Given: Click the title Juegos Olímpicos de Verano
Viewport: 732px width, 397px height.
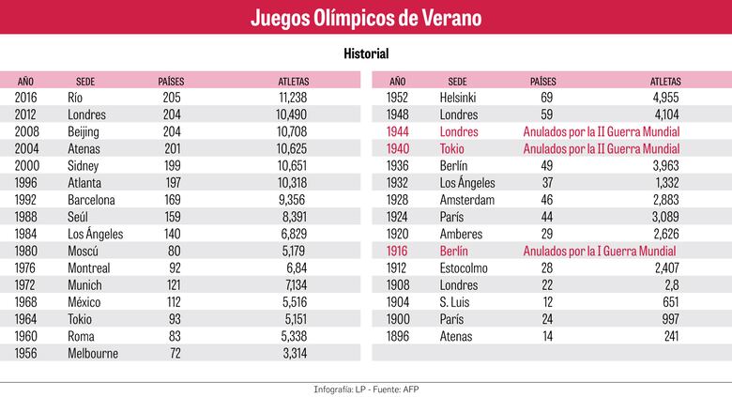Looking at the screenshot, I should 365,18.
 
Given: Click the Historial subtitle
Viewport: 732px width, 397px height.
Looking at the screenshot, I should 366,55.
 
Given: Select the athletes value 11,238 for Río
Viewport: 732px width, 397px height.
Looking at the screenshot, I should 287,97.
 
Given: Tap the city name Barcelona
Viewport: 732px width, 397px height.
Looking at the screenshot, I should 92,199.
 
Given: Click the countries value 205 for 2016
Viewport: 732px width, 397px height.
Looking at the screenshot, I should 171,97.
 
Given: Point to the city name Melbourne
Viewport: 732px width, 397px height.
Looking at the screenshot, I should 94,354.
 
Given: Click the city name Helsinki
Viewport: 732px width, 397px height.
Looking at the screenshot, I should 461,97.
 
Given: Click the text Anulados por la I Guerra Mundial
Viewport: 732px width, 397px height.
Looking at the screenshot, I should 600,251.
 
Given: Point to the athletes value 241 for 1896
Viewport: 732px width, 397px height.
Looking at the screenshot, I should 670,336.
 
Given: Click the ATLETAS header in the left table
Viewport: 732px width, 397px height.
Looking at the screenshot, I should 294,81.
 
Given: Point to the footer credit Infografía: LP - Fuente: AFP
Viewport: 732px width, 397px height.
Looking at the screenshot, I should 366,389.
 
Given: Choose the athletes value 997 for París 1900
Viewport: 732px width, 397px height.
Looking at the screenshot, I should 670,319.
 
